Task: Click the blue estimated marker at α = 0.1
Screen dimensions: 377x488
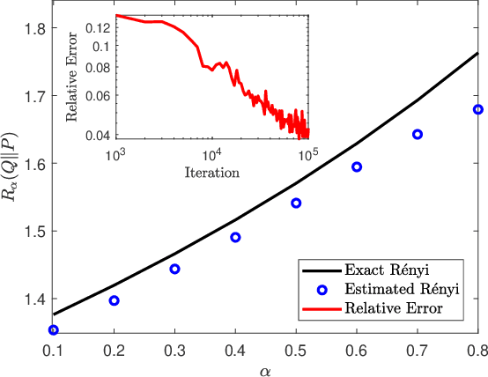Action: click(x=54, y=330)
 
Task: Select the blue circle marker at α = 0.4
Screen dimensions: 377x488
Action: click(x=235, y=237)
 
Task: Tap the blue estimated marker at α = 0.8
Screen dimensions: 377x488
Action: click(x=478, y=109)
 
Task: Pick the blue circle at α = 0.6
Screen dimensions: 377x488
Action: click(x=357, y=166)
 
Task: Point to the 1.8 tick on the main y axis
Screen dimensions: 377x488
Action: click(x=33, y=28)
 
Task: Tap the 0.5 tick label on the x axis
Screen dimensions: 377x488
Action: click(x=296, y=351)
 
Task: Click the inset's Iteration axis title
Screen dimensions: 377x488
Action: click(x=211, y=172)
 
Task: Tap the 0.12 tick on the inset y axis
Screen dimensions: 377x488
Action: click(x=99, y=28)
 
